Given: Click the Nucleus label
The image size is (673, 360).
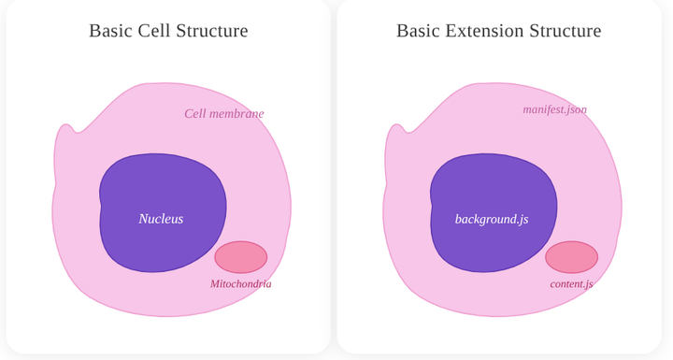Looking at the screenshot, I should click(161, 219).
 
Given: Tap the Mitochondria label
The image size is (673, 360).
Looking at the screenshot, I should click(240, 284).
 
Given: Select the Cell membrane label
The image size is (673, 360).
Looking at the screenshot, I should click(223, 114).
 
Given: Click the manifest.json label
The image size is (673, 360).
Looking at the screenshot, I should click(554, 109).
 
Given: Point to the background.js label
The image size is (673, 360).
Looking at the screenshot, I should click(492, 219).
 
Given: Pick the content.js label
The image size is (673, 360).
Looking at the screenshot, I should click(571, 284).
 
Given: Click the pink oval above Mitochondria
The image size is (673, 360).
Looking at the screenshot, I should click(241, 257).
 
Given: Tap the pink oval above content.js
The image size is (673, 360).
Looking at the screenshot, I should click(571, 257).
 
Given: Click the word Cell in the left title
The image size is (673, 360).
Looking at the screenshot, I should click(154, 31).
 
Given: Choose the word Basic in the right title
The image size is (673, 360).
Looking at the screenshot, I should click(418, 31).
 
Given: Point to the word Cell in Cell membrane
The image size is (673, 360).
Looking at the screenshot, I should click(195, 114).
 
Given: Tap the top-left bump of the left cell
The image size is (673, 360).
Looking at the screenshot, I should click(64, 136).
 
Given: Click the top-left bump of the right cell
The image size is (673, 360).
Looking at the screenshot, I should click(394, 136).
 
